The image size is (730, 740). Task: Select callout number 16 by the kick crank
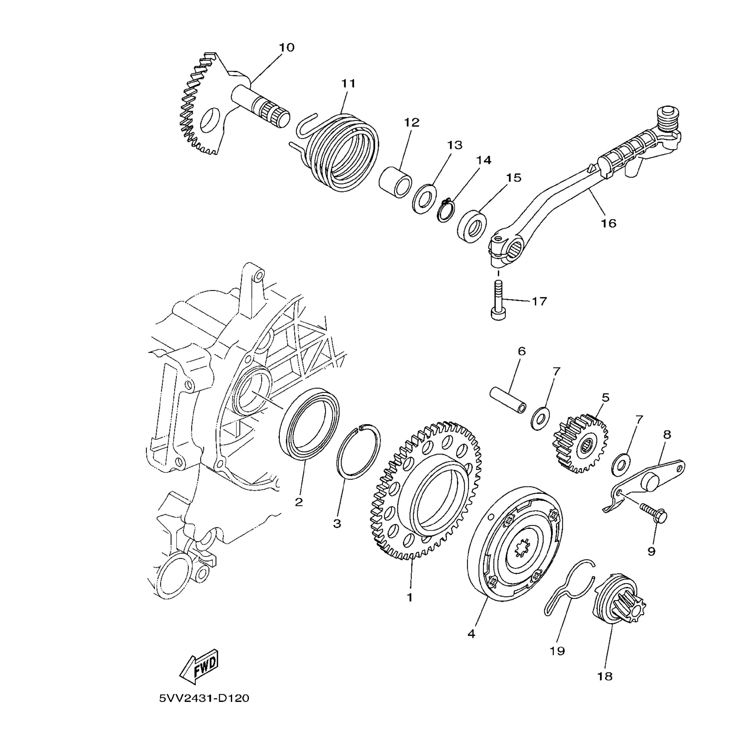(608, 223)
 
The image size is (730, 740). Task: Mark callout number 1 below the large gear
(410, 597)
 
